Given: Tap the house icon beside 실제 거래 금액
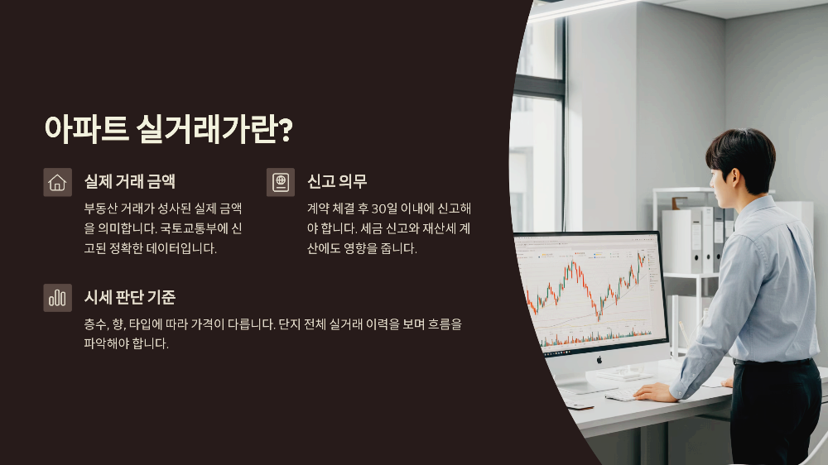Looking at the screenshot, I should tap(58, 182).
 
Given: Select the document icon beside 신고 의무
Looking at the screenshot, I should tap(281, 182).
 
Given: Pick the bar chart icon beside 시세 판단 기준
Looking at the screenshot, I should tap(58, 298).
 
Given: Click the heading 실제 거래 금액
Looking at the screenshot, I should tap(130, 181).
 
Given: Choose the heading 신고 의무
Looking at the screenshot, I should tap(337, 181).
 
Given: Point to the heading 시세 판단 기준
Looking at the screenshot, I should tap(130, 297).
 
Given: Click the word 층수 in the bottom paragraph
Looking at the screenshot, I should tap(96, 324).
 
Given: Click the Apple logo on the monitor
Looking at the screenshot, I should tap(599, 359).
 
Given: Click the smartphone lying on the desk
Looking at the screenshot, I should tap(579, 405).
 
